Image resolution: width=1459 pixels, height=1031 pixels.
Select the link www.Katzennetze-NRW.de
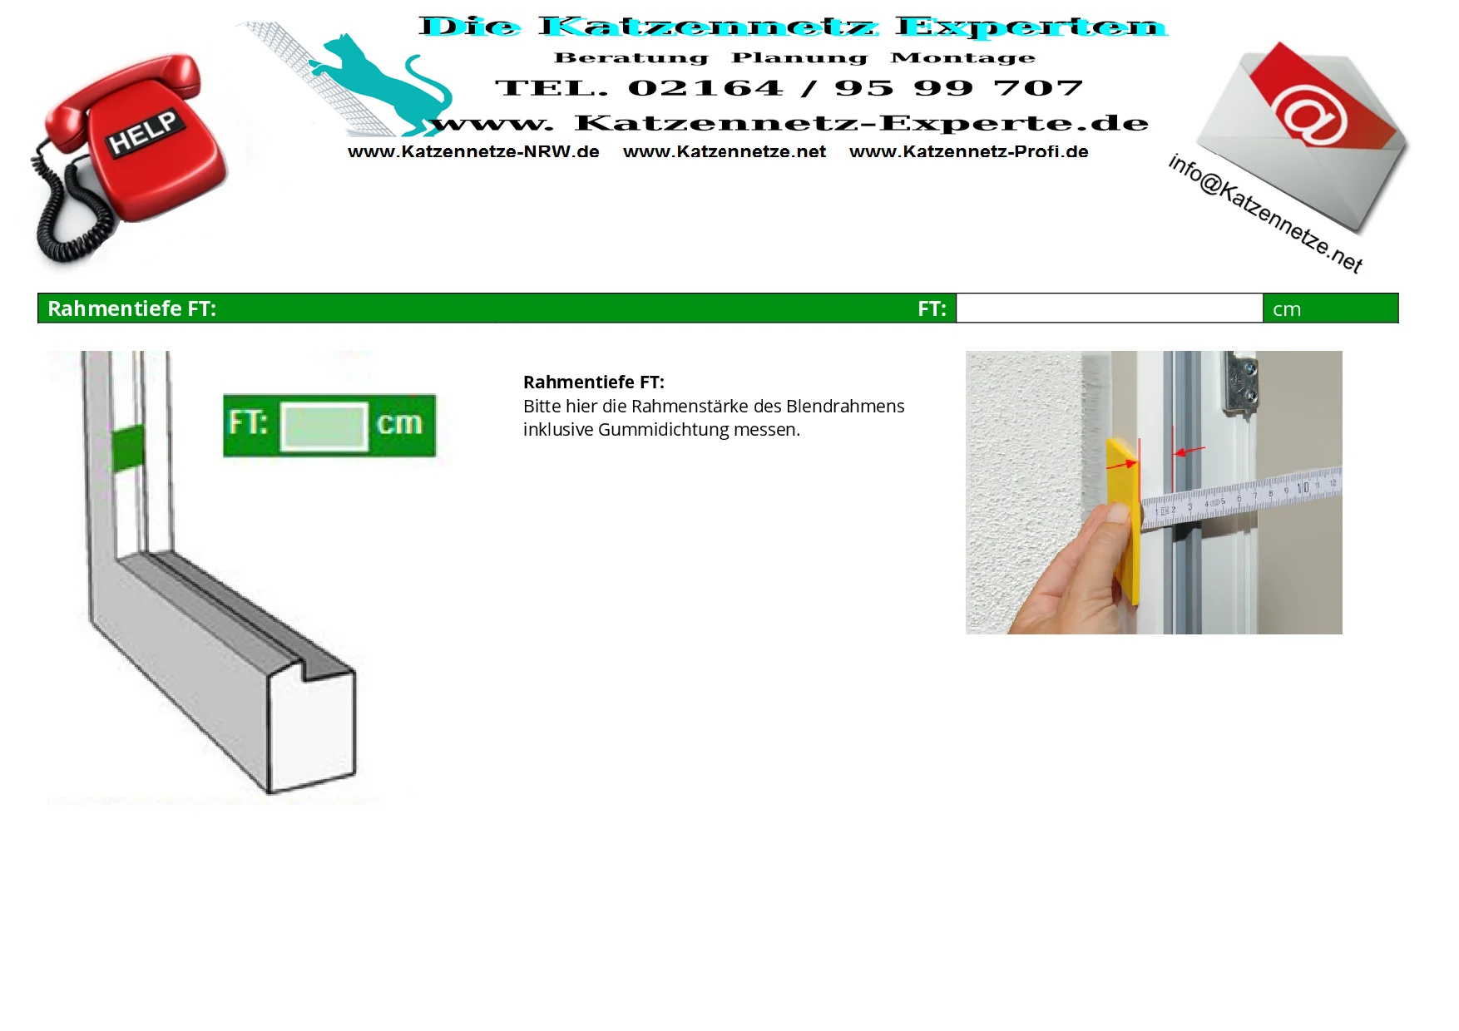473,152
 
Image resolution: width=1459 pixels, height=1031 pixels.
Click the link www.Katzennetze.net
725,152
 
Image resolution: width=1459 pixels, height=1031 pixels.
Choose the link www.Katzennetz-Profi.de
969,152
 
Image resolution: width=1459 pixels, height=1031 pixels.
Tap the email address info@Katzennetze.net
1264,214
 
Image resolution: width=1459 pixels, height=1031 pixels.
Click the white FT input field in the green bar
1110,308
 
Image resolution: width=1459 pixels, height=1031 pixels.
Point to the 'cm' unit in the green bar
1287,309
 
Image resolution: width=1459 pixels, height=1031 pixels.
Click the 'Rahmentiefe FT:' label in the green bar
131,308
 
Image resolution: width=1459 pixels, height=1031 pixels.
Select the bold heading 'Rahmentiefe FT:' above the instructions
594,382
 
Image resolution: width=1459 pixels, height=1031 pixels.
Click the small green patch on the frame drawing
128,447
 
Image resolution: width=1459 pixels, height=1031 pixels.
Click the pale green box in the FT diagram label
324,427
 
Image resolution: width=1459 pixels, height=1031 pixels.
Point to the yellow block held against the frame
1123,520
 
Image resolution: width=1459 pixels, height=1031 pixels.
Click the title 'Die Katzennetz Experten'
794,27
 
